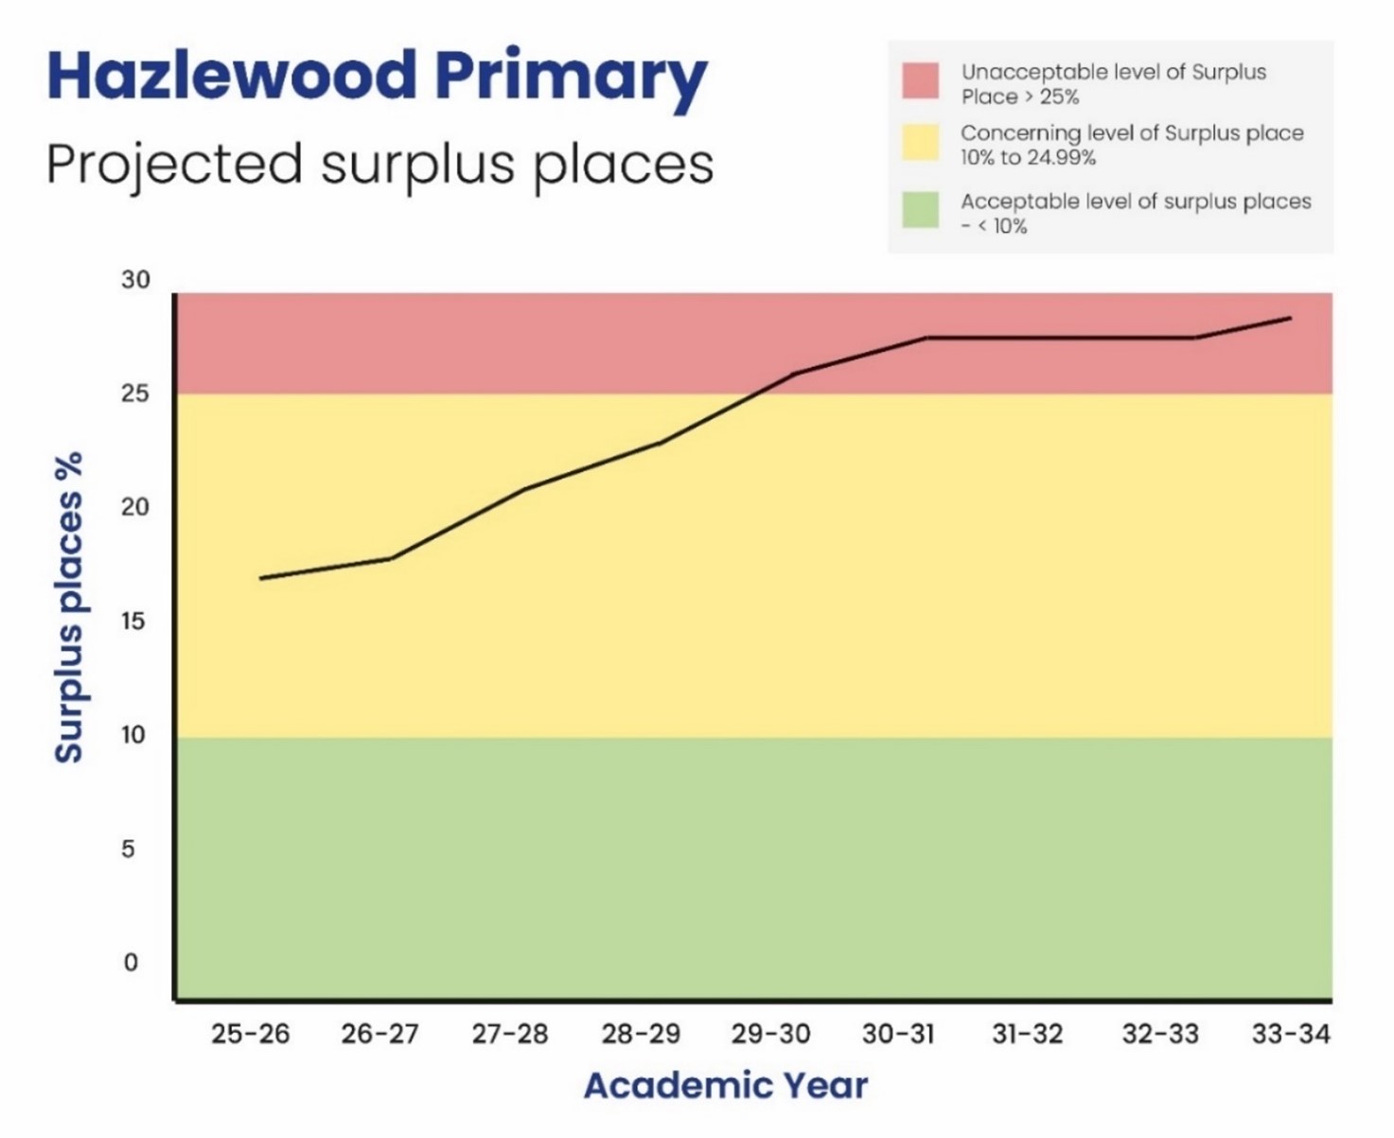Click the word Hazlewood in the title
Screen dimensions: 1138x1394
tap(231, 76)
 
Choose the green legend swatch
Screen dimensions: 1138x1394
tap(920, 210)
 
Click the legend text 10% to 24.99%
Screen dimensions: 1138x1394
tap(1028, 158)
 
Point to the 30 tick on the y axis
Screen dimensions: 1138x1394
tap(135, 280)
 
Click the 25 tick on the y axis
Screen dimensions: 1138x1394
tap(135, 394)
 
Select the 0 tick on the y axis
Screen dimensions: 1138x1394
tap(131, 963)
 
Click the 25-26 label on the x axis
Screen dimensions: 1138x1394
tap(250, 1034)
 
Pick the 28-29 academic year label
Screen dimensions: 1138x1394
tap(641, 1034)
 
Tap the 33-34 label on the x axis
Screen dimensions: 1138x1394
tap(1291, 1034)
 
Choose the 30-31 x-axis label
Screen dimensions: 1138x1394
tap(898, 1034)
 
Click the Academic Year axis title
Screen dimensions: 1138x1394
tap(725, 1086)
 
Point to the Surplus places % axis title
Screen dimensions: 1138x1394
tap(69, 607)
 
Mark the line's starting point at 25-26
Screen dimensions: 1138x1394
tap(260, 578)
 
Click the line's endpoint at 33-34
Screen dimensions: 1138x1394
tap(1290, 318)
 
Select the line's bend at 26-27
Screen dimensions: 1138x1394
tap(390, 559)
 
